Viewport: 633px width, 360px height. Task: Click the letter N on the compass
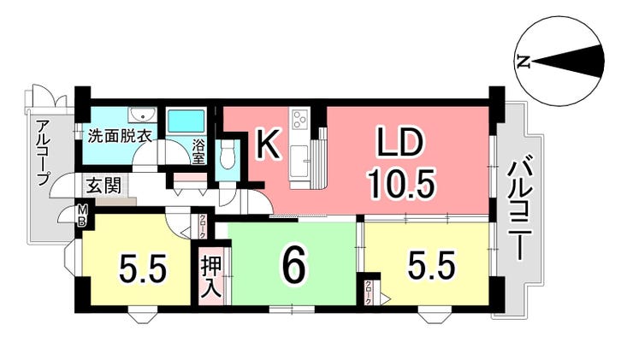tap(524, 62)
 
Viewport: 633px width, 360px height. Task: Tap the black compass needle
tap(568, 62)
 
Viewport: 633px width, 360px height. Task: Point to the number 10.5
tap(402, 184)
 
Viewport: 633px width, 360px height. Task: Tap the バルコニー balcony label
tap(518, 210)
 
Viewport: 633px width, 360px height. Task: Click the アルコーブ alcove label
tap(43, 152)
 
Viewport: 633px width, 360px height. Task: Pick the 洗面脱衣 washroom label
tap(120, 136)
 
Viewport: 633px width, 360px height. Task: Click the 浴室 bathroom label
tap(198, 151)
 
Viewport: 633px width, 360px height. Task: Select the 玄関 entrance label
tap(104, 186)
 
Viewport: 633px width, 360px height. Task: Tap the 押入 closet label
tap(212, 277)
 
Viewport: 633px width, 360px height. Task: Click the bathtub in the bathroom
tap(186, 121)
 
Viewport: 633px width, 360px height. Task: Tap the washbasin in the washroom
tap(142, 115)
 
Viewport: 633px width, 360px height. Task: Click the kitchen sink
tap(300, 161)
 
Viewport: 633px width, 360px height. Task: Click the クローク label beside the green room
tap(202, 227)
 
